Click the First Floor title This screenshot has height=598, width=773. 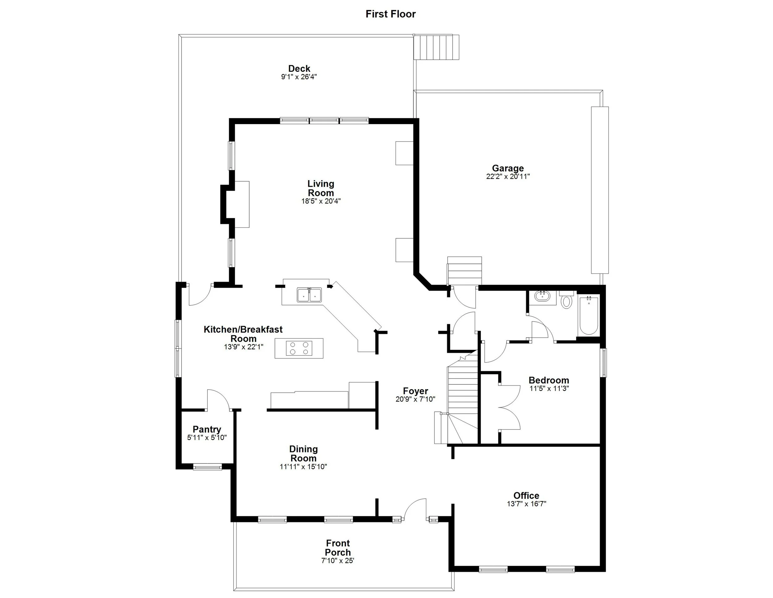[x=391, y=14]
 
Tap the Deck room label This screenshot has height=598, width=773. [x=299, y=68]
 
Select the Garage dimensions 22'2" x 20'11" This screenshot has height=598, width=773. [x=508, y=176]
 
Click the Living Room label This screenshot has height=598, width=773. [x=321, y=188]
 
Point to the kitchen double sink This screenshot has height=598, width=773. [x=309, y=295]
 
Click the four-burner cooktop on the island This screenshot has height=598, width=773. [x=299, y=348]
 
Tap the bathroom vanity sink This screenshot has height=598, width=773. [x=542, y=296]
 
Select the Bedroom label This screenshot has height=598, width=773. [x=549, y=380]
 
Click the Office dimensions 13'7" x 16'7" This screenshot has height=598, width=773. [x=526, y=504]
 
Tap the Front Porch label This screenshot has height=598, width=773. [x=338, y=548]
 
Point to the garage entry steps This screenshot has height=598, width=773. [x=464, y=270]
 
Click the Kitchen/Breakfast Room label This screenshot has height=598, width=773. [x=243, y=334]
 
